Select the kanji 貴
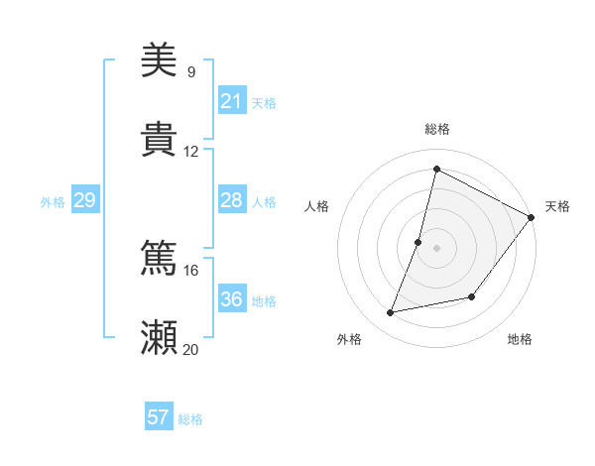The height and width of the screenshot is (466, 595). click(x=160, y=139)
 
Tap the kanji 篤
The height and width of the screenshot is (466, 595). click(x=160, y=258)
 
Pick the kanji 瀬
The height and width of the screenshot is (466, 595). click(x=160, y=337)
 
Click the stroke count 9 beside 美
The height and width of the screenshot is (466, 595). click(x=190, y=71)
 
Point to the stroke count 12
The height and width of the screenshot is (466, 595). click(x=190, y=151)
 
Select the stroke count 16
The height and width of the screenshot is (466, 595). click(x=190, y=270)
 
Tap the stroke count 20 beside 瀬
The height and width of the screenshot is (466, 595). click(x=190, y=349)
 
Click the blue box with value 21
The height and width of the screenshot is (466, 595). click(x=232, y=101)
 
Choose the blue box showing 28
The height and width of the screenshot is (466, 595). click(x=232, y=200)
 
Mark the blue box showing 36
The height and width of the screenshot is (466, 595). click(x=232, y=299)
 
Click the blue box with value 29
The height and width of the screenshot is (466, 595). click(x=84, y=200)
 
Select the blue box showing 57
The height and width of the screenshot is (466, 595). click(x=159, y=417)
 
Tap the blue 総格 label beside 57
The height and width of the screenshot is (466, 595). click(x=190, y=419)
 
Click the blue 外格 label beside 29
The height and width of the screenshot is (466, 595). click(x=53, y=202)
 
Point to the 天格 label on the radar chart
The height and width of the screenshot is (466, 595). click(x=557, y=206)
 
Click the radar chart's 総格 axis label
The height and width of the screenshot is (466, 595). click(x=437, y=129)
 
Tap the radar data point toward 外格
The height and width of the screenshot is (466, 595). click(x=391, y=313)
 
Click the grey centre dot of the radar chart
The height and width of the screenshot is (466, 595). click(x=437, y=248)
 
